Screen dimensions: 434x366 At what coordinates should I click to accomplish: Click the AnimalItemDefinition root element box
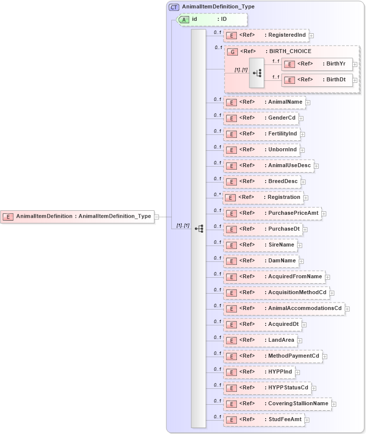(x=77, y=216)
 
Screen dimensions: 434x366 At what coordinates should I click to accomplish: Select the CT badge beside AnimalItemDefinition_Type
(x=174, y=7)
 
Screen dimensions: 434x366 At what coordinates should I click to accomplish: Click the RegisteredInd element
(x=266, y=35)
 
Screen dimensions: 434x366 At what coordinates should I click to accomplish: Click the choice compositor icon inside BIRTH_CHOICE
(x=257, y=72)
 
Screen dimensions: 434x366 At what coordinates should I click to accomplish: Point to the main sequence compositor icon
(x=199, y=229)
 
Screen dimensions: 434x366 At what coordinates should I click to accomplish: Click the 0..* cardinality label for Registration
(x=217, y=194)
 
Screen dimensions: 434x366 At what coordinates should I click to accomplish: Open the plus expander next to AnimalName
(x=308, y=102)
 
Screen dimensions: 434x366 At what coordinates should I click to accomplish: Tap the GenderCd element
(x=261, y=118)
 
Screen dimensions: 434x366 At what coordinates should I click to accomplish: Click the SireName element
(x=260, y=245)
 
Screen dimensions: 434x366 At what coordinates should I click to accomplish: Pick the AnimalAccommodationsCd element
(x=284, y=309)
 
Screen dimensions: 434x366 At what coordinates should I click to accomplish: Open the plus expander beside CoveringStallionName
(x=334, y=404)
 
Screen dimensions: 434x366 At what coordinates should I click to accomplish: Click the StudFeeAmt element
(x=264, y=420)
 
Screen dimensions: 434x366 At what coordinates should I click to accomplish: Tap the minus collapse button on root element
(x=156, y=216)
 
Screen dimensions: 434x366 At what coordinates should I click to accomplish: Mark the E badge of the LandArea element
(x=230, y=340)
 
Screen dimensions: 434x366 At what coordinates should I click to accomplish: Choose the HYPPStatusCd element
(x=267, y=388)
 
